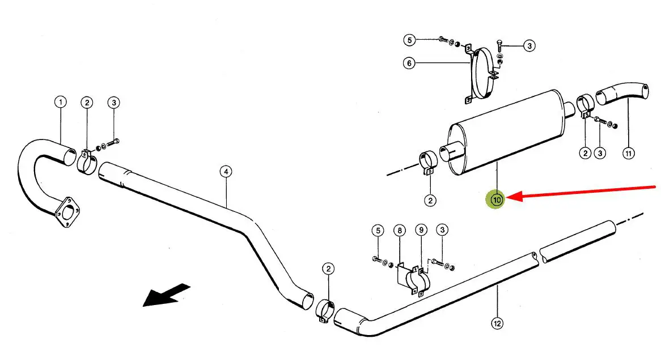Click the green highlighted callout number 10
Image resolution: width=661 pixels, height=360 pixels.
pos(497,200)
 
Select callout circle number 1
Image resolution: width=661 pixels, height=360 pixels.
pos(60,103)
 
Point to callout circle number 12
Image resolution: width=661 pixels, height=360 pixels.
pos(497,324)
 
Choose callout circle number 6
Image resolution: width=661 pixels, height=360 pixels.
pos(409,63)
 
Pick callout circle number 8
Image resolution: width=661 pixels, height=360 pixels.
pos(400,231)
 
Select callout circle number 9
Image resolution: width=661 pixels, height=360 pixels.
pos(420,231)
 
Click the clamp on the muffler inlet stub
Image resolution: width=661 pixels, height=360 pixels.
pos(428,162)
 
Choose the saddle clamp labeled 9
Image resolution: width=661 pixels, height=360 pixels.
pos(420,278)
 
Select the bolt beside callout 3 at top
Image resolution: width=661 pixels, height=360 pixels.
pos(499,43)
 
